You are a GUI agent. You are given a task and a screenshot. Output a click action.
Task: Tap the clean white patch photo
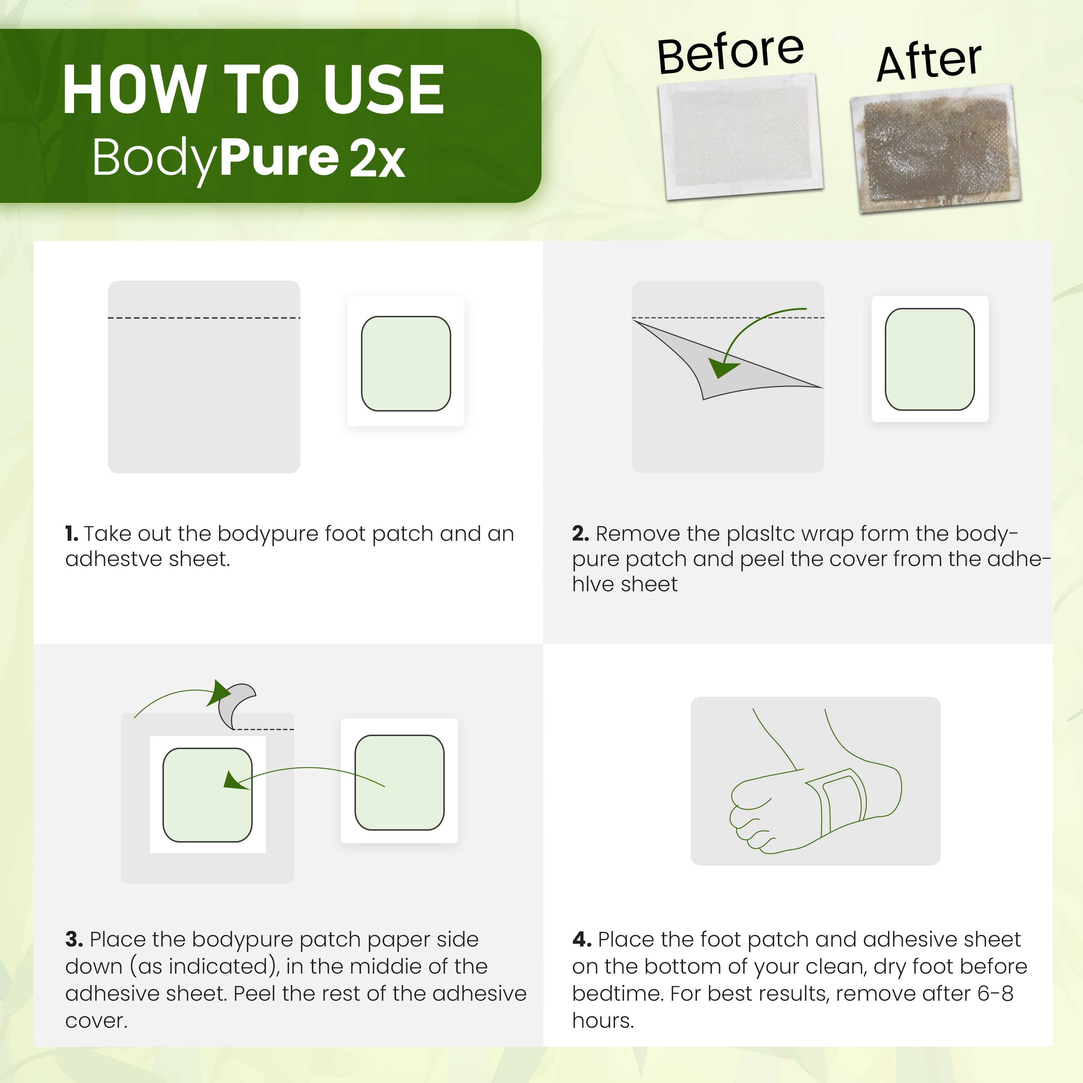click(740, 136)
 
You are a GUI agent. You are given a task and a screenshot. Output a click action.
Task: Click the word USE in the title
click(383, 90)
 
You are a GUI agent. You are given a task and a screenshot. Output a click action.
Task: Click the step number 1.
click(71, 534)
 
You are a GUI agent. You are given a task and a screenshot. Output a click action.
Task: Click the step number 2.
click(580, 534)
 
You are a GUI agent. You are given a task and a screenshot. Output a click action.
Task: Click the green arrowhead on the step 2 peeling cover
click(723, 368)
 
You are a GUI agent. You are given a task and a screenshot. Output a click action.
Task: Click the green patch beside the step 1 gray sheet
click(406, 363)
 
